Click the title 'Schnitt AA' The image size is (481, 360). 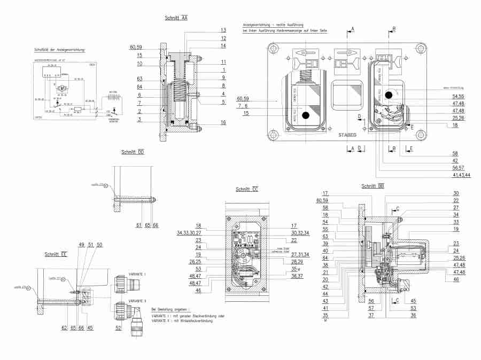[x=176, y=18]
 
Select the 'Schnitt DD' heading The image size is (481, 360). [x=133, y=152]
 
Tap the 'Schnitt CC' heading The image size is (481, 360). [x=247, y=189]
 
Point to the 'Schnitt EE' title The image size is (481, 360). [x=56, y=254]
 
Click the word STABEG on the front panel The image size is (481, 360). [x=348, y=135]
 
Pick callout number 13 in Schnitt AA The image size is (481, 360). [x=223, y=29]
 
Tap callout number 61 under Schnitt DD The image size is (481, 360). [x=138, y=225]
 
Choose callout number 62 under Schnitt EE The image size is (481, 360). [x=65, y=327]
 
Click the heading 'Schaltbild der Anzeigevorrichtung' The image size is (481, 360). [x=59, y=50]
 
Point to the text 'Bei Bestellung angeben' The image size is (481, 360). [x=170, y=309]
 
